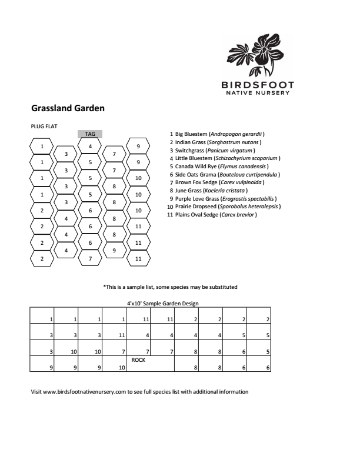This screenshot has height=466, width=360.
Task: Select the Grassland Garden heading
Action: [68, 108]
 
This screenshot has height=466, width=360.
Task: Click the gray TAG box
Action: [90, 134]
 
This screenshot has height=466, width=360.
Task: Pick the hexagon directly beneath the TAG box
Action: [90, 146]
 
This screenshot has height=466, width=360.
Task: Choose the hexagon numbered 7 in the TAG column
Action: [90, 258]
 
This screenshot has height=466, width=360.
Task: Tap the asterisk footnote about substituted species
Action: [171, 287]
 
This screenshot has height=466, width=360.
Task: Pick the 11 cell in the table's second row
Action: [122, 335]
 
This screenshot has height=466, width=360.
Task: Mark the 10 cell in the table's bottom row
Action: [122, 368]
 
